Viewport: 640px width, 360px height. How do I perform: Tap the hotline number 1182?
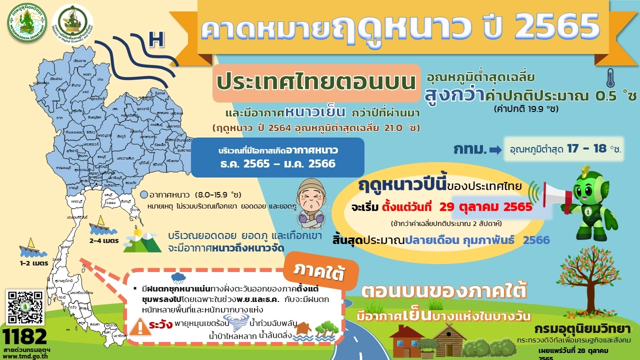pyautogui.click(x=25, y=335)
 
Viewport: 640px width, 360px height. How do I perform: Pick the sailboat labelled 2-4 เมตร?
pyautogui.click(x=100, y=225)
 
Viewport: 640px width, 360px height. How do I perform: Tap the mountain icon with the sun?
pyautogui.click(x=142, y=241)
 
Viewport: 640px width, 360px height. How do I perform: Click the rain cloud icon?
pyautogui.click(x=178, y=278)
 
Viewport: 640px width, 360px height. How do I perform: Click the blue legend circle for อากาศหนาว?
pyautogui.click(x=144, y=195)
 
